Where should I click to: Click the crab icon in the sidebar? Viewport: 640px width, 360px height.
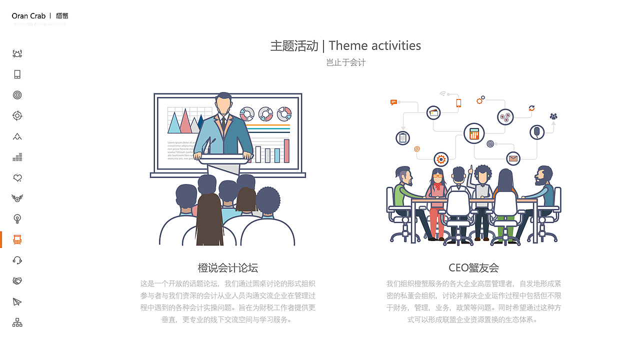pyautogui.click(x=17, y=53)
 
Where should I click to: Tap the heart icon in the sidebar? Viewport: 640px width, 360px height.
pyautogui.click(x=17, y=177)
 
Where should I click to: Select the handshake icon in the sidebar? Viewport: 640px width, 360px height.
pyautogui.click(x=17, y=281)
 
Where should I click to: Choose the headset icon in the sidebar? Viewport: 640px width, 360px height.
pyautogui.click(x=17, y=260)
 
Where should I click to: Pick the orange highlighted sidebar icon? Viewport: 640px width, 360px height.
pyautogui.click(x=17, y=239)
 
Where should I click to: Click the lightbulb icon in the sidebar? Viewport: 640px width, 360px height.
pyautogui.click(x=17, y=218)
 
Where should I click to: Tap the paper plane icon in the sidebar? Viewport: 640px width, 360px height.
pyautogui.click(x=17, y=301)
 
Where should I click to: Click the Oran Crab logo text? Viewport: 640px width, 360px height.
pyautogui.click(x=28, y=16)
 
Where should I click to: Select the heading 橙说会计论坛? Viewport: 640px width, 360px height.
pyautogui.click(x=228, y=267)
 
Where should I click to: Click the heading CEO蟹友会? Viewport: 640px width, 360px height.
pyautogui.click(x=473, y=267)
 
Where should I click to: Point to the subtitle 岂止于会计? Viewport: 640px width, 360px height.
pyautogui.click(x=346, y=62)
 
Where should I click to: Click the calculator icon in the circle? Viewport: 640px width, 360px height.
pyautogui.click(x=474, y=133)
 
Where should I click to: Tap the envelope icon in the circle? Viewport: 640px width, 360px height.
pyautogui.click(x=513, y=159)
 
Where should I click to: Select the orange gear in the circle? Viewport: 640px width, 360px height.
pyautogui.click(x=441, y=159)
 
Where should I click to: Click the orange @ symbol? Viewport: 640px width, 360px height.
pyautogui.click(x=417, y=148)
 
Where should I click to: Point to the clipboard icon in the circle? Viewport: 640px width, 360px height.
pyautogui.click(x=403, y=138)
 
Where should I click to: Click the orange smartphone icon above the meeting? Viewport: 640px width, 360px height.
pyautogui.click(x=458, y=103)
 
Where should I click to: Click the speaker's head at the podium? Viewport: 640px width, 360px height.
pyautogui.click(x=223, y=103)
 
